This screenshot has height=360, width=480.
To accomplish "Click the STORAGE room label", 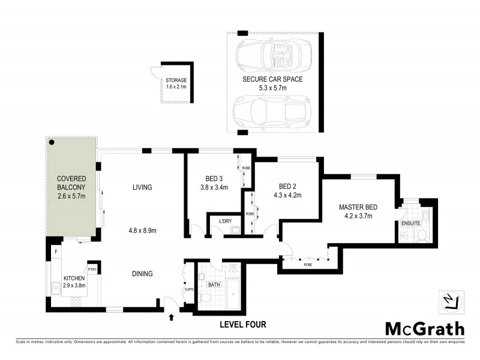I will (176, 80).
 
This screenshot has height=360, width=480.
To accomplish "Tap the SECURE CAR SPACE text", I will (272, 79).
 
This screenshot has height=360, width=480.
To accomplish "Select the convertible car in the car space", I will (273, 55).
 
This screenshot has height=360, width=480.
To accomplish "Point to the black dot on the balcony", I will (53, 143).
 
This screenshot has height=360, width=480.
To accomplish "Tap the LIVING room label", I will (143, 187).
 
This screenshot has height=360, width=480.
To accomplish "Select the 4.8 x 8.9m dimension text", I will (143, 230).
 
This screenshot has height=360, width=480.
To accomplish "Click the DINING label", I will (143, 274).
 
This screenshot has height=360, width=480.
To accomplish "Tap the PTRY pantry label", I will (92, 270).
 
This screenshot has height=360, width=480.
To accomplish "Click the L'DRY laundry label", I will (226, 221).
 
